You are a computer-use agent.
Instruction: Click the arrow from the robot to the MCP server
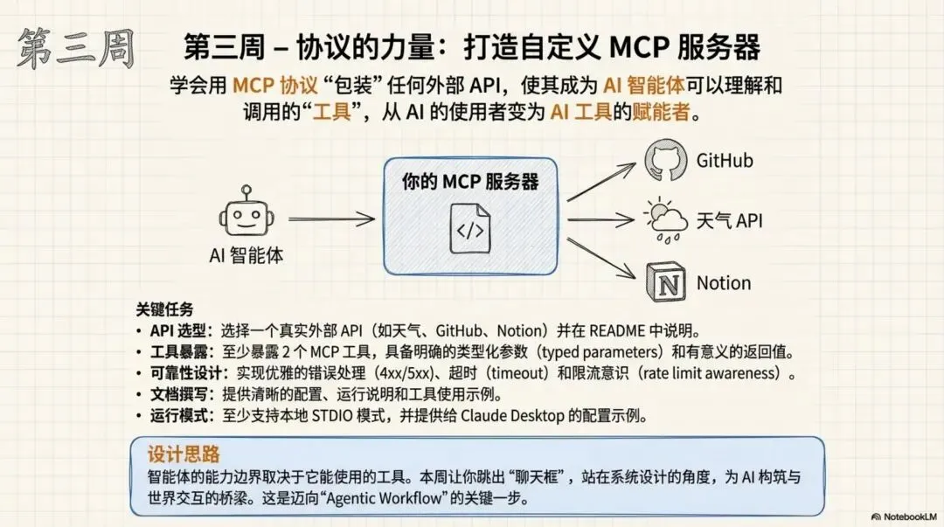(331, 221)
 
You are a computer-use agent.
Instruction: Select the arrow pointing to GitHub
(603, 179)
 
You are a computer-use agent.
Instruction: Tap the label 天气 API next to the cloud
(729, 221)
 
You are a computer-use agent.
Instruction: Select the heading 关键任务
(164, 309)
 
